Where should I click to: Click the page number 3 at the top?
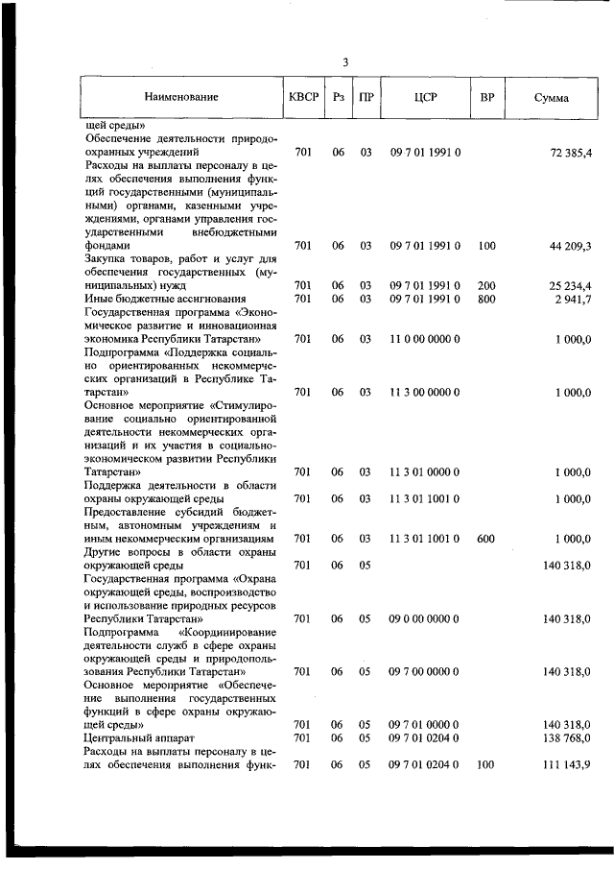344,62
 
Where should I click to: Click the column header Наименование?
181,98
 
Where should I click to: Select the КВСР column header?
304,98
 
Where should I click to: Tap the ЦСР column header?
425,98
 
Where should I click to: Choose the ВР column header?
486,98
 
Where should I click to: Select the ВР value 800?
486,299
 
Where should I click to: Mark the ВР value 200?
486,285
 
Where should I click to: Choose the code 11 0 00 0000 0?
425,339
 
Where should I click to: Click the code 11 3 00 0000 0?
425,392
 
